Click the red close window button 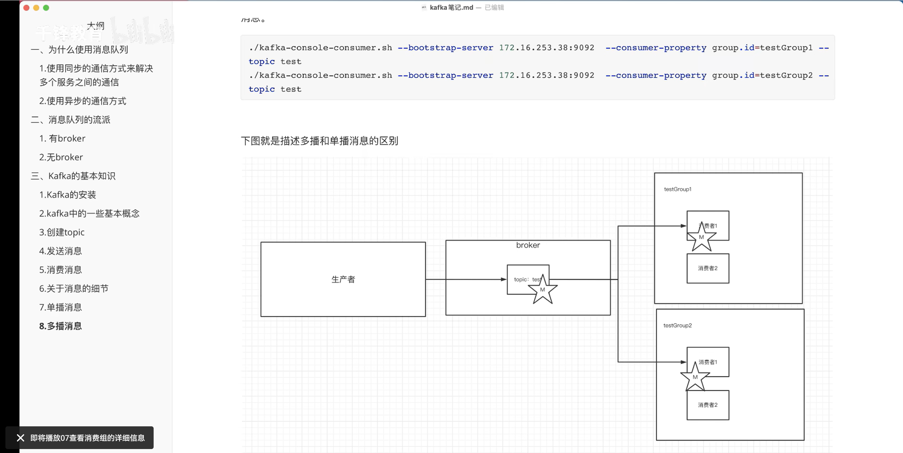pyautogui.click(x=26, y=8)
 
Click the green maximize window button pyautogui.click(x=46, y=8)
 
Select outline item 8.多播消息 pyautogui.click(x=61, y=326)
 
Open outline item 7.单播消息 pyautogui.click(x=61, y=307)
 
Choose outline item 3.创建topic pyautogui.click(x=62, y=232)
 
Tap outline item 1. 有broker pyautogui.click(x=62, y=138)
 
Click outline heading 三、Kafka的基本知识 pyautogui.click(x=73, y=176)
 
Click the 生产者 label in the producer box pyautogui.click(x=343, y=279)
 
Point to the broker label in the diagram pyautogui.click(x=528, y=245)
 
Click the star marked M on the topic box pyautogui.click(x=542, y=290)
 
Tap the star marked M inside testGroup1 pyautogui.click(x=701, y=237)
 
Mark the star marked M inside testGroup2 pyautogui.click(x=695, y=377)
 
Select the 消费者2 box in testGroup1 pyautogui.click(x=708, y=268)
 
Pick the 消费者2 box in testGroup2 pyautogui.click(x=708, y=405)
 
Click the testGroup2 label pyautogui.click(x=677, y=325)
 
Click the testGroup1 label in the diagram pyautogui.click(x=677, y=189)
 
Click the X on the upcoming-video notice pyautogui.click(x=21, y=438)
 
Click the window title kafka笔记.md pyautogui.click(x=451, y=8)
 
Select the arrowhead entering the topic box pyautogui.click(x=504, y=279)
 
